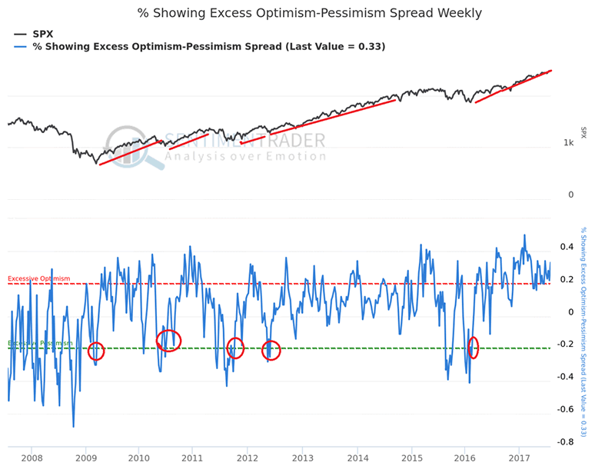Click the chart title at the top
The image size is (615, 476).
coord(310,13)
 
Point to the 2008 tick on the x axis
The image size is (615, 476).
coord(31,459)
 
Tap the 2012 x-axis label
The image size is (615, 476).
coord(248,459)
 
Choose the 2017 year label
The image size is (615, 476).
coord(520,459)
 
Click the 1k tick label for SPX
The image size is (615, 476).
coord(569,143)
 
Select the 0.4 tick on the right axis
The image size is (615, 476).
coord(567,247)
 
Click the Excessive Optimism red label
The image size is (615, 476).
coord(38,278)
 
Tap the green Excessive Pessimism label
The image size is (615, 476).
coord(40,343)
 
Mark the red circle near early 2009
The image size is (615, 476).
coord(96,351)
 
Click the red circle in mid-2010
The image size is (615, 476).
coord(168,340)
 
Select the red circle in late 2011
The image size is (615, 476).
coord(235,348)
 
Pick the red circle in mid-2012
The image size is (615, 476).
coord(271,351)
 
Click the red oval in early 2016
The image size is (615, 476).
coord(473,348)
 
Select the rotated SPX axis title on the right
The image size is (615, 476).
coord(583,132)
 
